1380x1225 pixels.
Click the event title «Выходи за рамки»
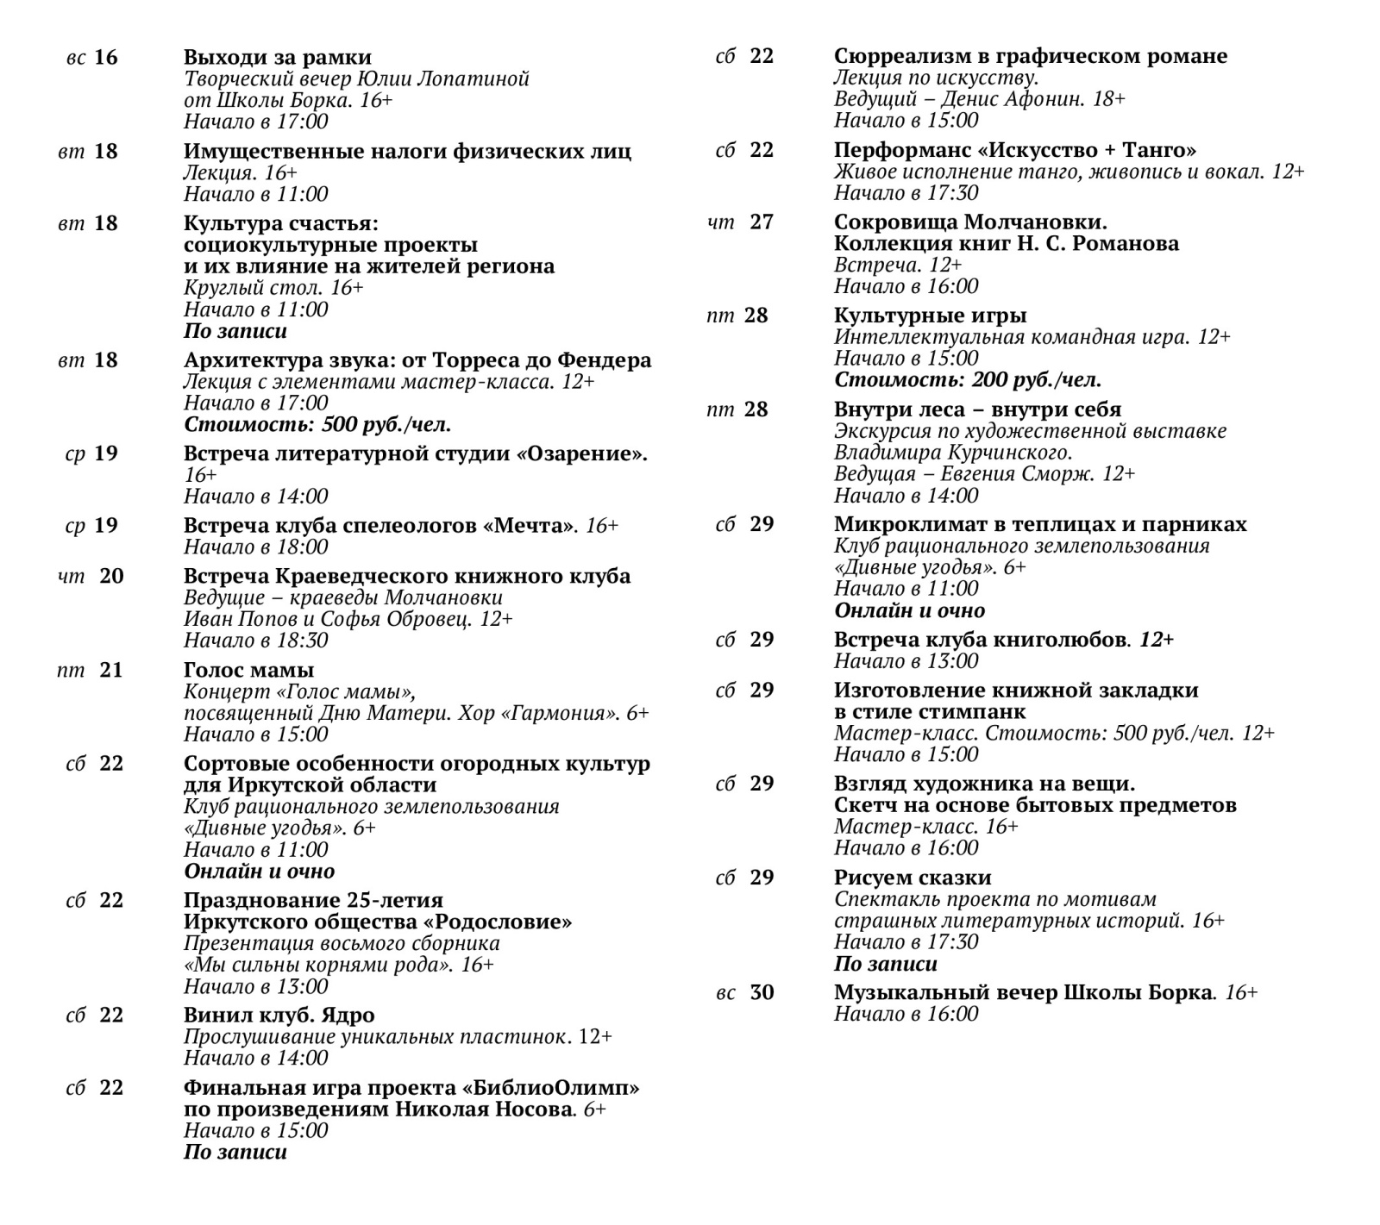(x=277, y=58)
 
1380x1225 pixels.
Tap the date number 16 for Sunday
(x=105, y=58)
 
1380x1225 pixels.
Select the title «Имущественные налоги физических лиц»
(x=407, y=152)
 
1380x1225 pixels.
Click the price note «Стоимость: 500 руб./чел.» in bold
(x=317, y=425)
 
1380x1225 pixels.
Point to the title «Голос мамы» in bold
(x=248, y=671)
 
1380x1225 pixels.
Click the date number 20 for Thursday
(x=111, y=576)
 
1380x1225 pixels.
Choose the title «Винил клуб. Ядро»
(x=279, y=1016)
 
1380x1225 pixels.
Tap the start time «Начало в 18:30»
(x=255, y=641)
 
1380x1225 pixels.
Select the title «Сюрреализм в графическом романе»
(x=1030, y=56)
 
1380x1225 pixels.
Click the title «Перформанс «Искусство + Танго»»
(x=1014, y=150)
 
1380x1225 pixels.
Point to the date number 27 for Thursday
(x=762, y=222)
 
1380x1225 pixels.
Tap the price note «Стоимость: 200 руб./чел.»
(x=967, y=380)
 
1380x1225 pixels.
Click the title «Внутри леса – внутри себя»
(x=977, y=409)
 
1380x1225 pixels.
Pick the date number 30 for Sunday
(x=762, y=992)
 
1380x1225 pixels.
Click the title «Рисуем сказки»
(x=912, y=878)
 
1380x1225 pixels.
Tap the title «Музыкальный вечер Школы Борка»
(x=1023, y=993)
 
